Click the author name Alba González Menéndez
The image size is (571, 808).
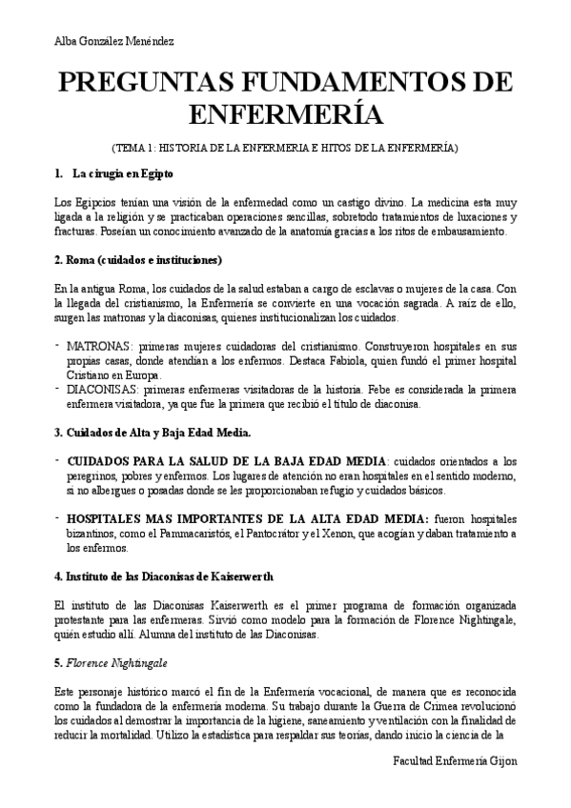(113, 41)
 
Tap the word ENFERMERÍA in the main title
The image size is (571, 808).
(285, 114)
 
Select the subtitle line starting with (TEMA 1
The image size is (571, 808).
(285, 149)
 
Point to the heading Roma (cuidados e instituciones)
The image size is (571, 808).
(137, 260)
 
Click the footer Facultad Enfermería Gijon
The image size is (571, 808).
(455, 764)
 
